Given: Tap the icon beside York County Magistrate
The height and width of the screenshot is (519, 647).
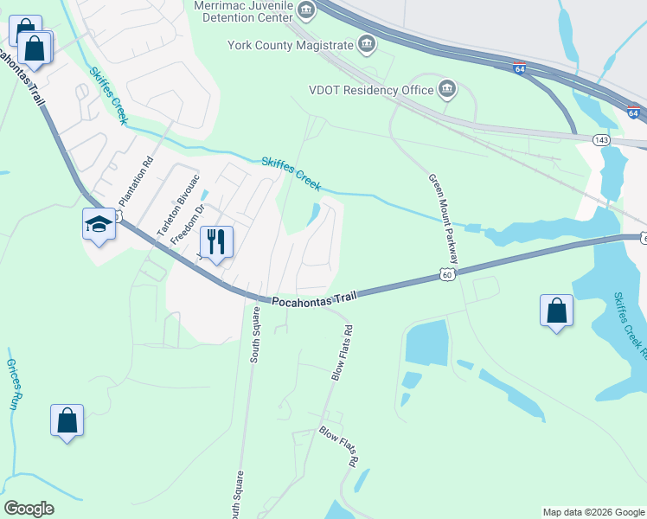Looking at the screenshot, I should [x=367, y=44].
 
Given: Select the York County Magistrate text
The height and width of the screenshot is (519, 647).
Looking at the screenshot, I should [x=291, y=45].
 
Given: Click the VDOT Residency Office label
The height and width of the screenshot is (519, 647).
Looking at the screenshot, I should [x=370, y=89].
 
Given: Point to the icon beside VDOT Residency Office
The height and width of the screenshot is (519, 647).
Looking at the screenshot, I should [x=447, y=88].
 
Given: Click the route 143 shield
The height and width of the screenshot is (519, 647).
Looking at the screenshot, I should [x=601, y=139].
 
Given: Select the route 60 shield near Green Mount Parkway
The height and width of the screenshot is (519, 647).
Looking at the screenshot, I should [x=446, y=274].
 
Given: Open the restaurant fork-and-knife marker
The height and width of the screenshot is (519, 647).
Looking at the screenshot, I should [x=215, y=241].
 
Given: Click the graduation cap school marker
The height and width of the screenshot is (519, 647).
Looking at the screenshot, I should [x=99, y=224].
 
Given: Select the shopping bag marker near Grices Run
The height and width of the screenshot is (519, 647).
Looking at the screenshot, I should [x=67, y=421].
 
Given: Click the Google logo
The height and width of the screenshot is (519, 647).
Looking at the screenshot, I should [x=29, y=509].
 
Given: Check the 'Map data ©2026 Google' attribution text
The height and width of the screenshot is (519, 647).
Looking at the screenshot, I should [x=593, y=512].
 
